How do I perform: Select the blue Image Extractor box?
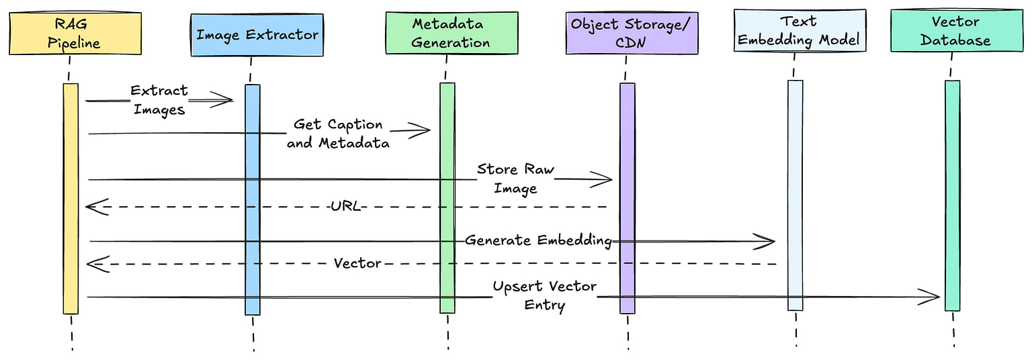pyautogui.click(x=257, y=34)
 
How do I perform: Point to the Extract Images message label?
pyautogui.click(x=159, y=99)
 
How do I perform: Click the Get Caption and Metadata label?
pyautogui.click(x=338, y=133)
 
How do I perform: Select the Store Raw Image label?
pyautogui.click(x=515, y=178)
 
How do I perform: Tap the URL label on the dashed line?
pyautogui.click(x=345, y=206)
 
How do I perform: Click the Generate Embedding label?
pyautogui.click(x=537, y=240)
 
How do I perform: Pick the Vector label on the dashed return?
pyautogui.click(x=357, y=263)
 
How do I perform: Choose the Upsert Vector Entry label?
pyautogui.click(x=544, y=296)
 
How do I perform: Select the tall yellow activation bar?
pyautogui.click(x=71, y=198)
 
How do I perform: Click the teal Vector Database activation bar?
pyautogui.click(x=952, y=195)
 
